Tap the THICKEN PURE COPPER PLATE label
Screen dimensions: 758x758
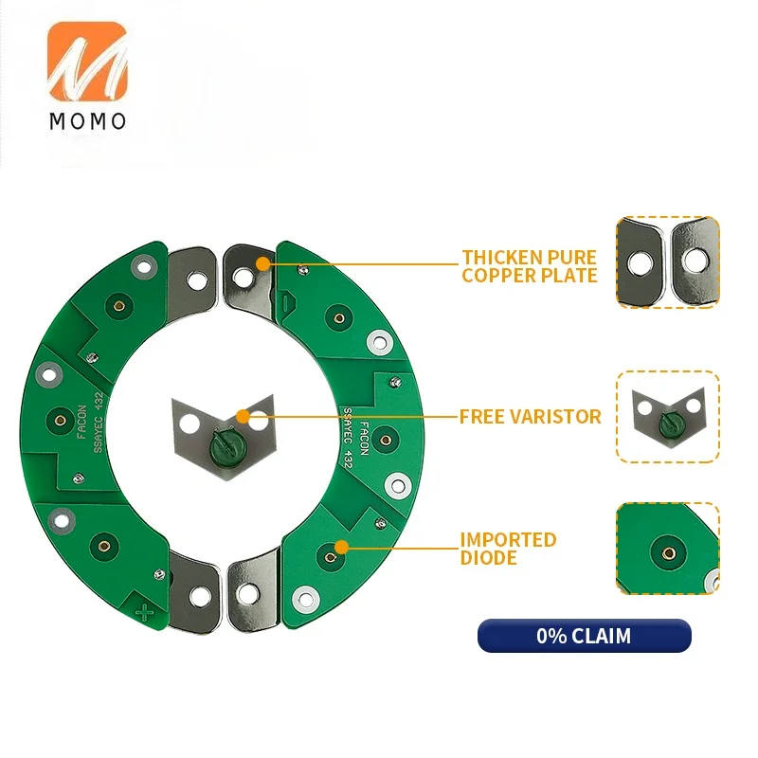tap(530, 266)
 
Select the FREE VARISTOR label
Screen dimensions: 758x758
tap(530, 416)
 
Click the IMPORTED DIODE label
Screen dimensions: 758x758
tap(508, 549)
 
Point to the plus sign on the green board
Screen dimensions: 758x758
tap(146, 611)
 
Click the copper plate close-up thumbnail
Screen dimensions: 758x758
tap(668, 262)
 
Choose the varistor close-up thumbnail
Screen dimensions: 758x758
tap(668, 416)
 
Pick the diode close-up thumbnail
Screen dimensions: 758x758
tap(668, 549)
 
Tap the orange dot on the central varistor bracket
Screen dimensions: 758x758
tap(244, 416)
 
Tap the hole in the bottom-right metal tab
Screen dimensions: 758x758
tap(248, 594)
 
